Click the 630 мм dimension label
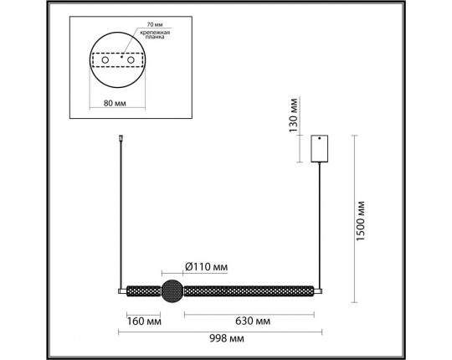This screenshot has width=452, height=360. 251,321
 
